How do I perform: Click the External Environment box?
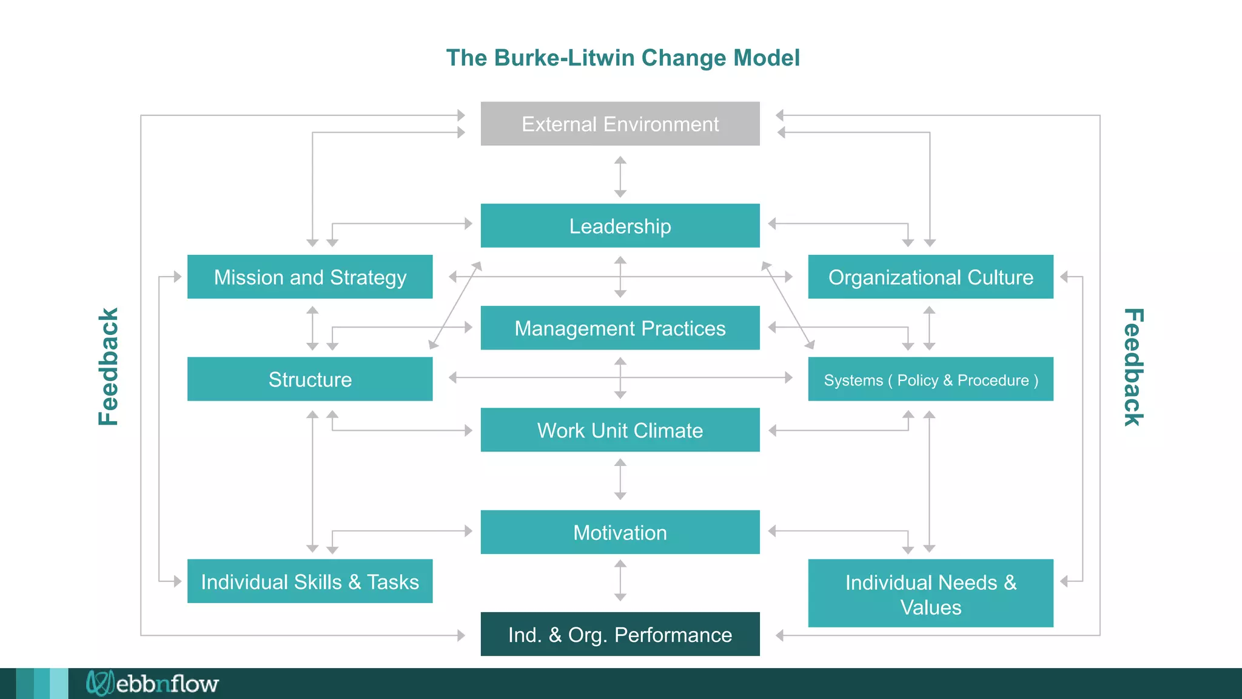pos(620,124)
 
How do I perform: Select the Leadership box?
pos(620,226)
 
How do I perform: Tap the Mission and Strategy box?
pos(310,277)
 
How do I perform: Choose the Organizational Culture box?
pos(930,277)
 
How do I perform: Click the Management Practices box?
pos(620,328)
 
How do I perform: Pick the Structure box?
pos(310,379)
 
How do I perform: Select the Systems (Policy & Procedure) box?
pos(930,379)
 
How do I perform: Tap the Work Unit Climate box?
pos(620,430)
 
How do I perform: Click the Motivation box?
pos(620,532)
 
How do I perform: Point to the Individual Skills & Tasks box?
pos(310,581)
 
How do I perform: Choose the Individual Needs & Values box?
pos(930,593)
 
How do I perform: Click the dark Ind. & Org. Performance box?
pos(620,634)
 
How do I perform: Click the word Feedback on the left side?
pos(109,366)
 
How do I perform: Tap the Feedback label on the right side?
pos(1133,366)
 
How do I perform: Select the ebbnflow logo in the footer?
pos(152,683)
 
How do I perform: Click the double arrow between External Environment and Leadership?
pos(620,177)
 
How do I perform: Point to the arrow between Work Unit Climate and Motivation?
pos(620,479)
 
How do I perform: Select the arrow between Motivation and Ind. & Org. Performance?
pos(620,581)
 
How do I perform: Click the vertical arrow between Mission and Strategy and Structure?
pos(312,328)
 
